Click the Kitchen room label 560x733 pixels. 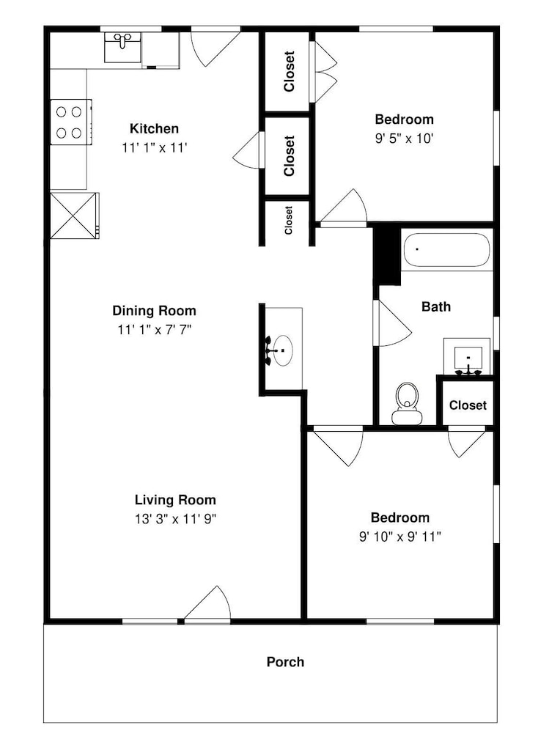coord(154,128)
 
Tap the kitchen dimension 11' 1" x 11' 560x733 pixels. coord(154,148)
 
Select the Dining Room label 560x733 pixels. coord(154,310)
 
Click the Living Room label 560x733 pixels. coord(175,500)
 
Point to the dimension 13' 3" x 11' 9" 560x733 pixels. coord(175,519)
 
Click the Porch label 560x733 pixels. coord(285,662)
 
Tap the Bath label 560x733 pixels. coord(436,306)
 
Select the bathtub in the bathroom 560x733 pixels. coord(446,250)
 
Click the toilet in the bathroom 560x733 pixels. coord(407,403)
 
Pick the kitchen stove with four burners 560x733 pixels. coord(70,122)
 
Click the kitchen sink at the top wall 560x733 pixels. coord(122,47)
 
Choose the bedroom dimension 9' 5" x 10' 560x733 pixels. coord(405,139)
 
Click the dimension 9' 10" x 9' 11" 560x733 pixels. coord(399,537)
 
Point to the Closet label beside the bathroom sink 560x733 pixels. coord(468,405)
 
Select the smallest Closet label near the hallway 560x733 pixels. coord(288,220)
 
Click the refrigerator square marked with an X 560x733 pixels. coord(74,216)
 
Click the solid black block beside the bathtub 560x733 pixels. coord(388,256)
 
